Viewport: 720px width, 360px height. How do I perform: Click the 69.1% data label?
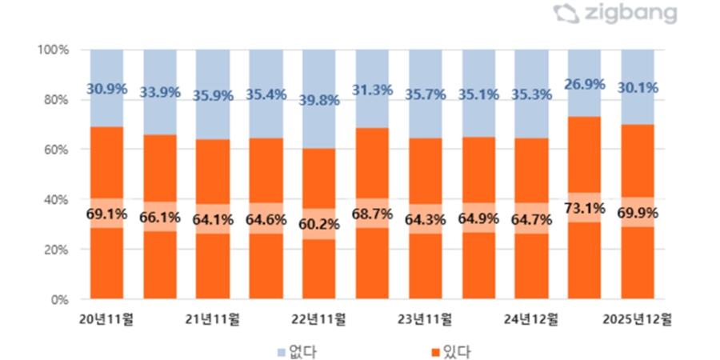click(x=106, y=216)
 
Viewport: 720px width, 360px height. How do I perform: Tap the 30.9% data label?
click(x=106, y=89)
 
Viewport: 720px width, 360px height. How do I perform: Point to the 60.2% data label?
click(x=318, y=224)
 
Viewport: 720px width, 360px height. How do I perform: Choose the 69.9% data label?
click(x=638, y=214)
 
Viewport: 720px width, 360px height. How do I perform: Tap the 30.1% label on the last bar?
click(x=638, y=87)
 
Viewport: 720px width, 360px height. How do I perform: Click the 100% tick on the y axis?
click(x=53, y=50)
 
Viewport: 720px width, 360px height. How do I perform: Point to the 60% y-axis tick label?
click(x=55, y=150)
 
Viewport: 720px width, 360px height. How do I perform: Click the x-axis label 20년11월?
click(x=106, y=318)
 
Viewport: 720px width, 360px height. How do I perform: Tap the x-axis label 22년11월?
click(x=318, y=318)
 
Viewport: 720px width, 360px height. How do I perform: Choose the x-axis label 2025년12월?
click(x=638, y=318)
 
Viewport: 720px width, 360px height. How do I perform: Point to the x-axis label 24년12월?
click(x=531, y=318)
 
